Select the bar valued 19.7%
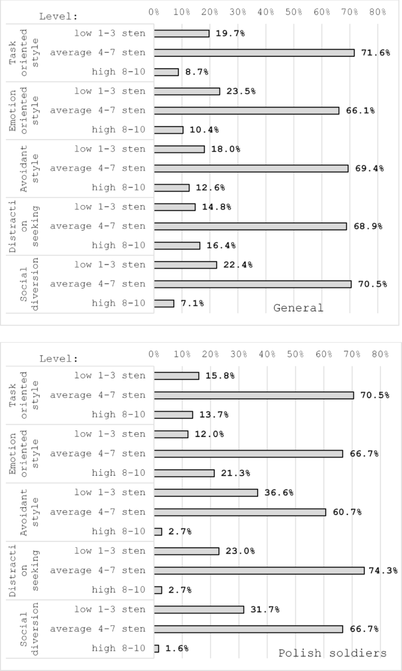coord(181,33)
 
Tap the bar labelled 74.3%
coord(259,570)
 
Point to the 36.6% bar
coord(205,493)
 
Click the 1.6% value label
coord(176,649)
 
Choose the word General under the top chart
coord(298,307)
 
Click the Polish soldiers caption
coord(332,653)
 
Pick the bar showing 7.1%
coord(164,303)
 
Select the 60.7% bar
coord(239,512)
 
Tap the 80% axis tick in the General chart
coord(377,11)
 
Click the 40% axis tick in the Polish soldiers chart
coord(267,354)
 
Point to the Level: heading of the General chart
coord(58,16)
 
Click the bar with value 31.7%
coord(198,609)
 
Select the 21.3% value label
coord(232,473)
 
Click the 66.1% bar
coord(246,110)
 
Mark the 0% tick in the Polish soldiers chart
coord(154,354)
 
